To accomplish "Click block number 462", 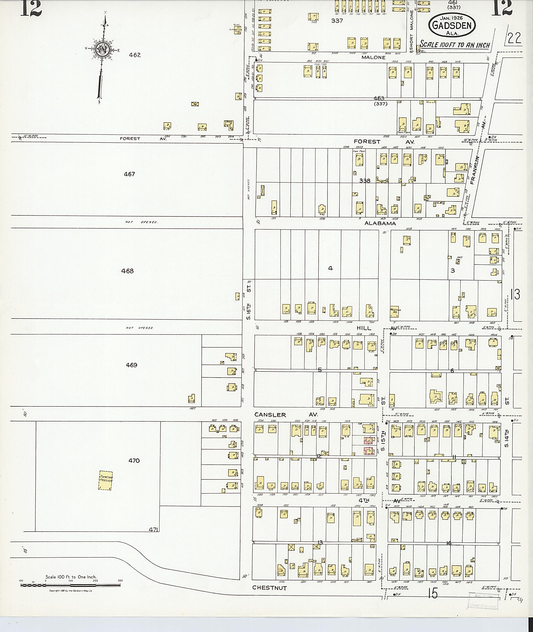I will tap(135, 55).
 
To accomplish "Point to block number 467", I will tap(129, 174).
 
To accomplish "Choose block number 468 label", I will tap(128, 271).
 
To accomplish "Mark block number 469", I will tap(131, 365).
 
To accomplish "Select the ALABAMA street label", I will tap(380, 223).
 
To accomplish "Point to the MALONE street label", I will tap(373, 58).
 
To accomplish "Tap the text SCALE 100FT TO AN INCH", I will tap(455, 45).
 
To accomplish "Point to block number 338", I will tap(365, 181).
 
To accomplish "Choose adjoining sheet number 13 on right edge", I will tap(516, 294).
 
